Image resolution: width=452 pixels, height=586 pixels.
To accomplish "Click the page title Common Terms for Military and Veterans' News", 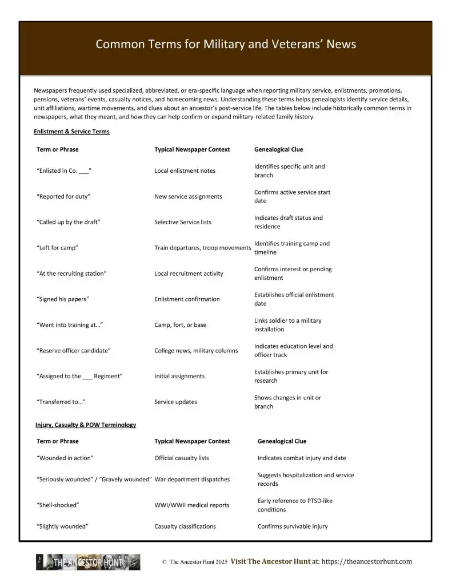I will [226, 45].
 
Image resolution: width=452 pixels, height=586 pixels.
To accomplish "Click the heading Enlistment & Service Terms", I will [71, 132].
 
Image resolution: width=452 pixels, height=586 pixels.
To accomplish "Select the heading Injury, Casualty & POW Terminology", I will [86, 425].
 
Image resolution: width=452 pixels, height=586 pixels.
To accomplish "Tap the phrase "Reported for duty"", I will [63, 197].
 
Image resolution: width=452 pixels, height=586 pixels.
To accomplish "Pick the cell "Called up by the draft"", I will [69, 222].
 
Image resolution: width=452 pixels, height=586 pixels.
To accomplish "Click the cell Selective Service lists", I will [183, 222].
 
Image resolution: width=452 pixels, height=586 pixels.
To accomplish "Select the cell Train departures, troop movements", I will [203, 248].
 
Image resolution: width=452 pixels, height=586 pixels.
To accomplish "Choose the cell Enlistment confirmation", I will [187, 299].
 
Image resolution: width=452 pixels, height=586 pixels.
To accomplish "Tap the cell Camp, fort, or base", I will [181, 325].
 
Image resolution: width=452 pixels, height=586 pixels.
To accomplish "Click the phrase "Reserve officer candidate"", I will [74, 351].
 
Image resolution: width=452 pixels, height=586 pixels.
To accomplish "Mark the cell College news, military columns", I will [196, 351].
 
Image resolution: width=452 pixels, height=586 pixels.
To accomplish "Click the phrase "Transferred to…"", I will [61, 402].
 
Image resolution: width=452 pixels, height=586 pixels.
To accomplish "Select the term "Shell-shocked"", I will [58, 505].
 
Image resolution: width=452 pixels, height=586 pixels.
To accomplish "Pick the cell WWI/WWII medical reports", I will [192, 505].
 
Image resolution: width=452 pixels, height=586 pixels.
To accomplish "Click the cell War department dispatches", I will [192, 480].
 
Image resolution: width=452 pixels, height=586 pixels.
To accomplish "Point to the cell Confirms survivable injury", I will [293, 526].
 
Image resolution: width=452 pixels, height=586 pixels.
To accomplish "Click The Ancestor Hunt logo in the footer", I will [88, 562].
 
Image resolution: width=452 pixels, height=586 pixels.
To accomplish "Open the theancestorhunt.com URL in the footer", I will [366, 562].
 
